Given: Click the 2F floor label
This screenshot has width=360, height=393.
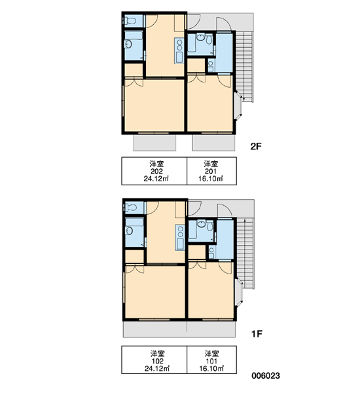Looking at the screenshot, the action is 256,146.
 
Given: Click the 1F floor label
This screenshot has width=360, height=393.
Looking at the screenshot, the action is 257,333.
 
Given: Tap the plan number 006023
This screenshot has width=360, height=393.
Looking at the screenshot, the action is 266,375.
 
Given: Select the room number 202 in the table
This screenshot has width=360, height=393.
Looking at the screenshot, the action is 156,171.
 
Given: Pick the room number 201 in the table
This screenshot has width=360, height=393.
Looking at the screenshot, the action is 211,171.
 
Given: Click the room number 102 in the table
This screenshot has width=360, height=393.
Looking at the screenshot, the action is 157,361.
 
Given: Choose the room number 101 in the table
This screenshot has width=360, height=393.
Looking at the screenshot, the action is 211,361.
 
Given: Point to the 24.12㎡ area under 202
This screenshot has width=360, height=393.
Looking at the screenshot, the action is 156,179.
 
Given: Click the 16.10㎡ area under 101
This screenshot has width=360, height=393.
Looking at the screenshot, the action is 211,368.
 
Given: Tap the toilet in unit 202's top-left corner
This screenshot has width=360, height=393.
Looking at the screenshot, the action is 130,20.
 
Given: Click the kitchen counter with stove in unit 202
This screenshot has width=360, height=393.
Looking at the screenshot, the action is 179,50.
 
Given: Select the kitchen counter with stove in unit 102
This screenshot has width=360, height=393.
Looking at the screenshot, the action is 180,237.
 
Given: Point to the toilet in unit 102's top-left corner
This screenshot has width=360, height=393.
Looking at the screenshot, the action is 131,207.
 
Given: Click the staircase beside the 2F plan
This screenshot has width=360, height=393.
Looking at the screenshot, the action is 245,66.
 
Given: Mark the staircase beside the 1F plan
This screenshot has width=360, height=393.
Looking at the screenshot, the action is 245,253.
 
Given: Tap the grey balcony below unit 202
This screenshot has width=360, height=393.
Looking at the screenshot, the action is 154,143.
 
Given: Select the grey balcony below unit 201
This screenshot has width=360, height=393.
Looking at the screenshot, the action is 213,143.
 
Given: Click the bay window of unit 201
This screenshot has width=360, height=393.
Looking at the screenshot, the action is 238,105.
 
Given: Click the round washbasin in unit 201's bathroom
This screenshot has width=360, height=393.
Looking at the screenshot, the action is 200,37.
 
